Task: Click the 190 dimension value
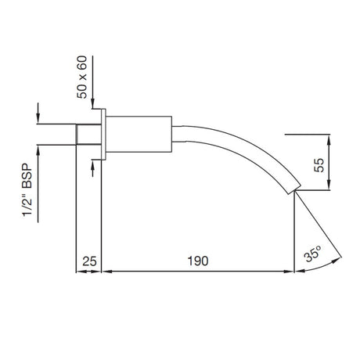pos(198,261)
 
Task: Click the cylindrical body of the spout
pos(138,134)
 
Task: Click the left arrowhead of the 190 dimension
pos(108,272)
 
